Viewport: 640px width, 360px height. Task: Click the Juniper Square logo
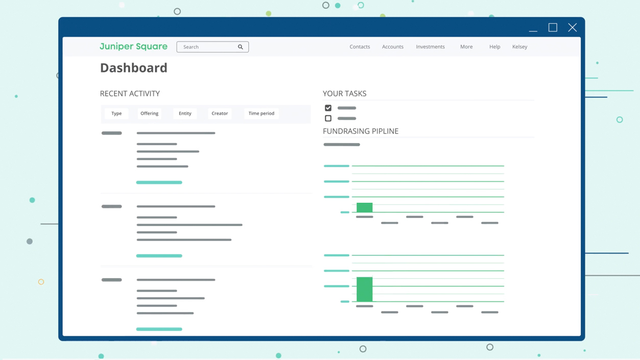tap(133, 46)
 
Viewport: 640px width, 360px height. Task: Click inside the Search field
tap(207, 47)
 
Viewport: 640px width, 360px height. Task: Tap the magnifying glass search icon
tap(241, 47)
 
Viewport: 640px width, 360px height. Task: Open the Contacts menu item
tap(360, 46)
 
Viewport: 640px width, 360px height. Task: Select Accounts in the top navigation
tap(393, 46)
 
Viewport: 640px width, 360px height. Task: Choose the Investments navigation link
tap(430, 46)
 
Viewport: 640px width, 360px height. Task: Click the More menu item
tap(466, 46)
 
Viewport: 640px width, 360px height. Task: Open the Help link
tap(494, 46)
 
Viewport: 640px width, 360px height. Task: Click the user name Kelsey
tap(519, 46)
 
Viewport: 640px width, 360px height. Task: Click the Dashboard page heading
tap(134, 68)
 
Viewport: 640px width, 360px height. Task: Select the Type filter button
tap(116, 113)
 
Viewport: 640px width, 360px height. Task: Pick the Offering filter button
tap(149, 113)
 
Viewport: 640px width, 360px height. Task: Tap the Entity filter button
tap(185, 113)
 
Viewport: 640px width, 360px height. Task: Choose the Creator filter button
tap(220, 113)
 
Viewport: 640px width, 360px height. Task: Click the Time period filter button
tap(262, 113)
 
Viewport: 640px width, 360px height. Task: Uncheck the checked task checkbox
tap(328, 108)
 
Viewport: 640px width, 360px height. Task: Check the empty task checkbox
tap(328, 118)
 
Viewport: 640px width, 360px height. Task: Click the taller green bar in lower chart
tap(365, 289)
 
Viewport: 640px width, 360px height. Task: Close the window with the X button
tap(572, 28)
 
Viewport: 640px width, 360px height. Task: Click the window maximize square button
tap(553, 28)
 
